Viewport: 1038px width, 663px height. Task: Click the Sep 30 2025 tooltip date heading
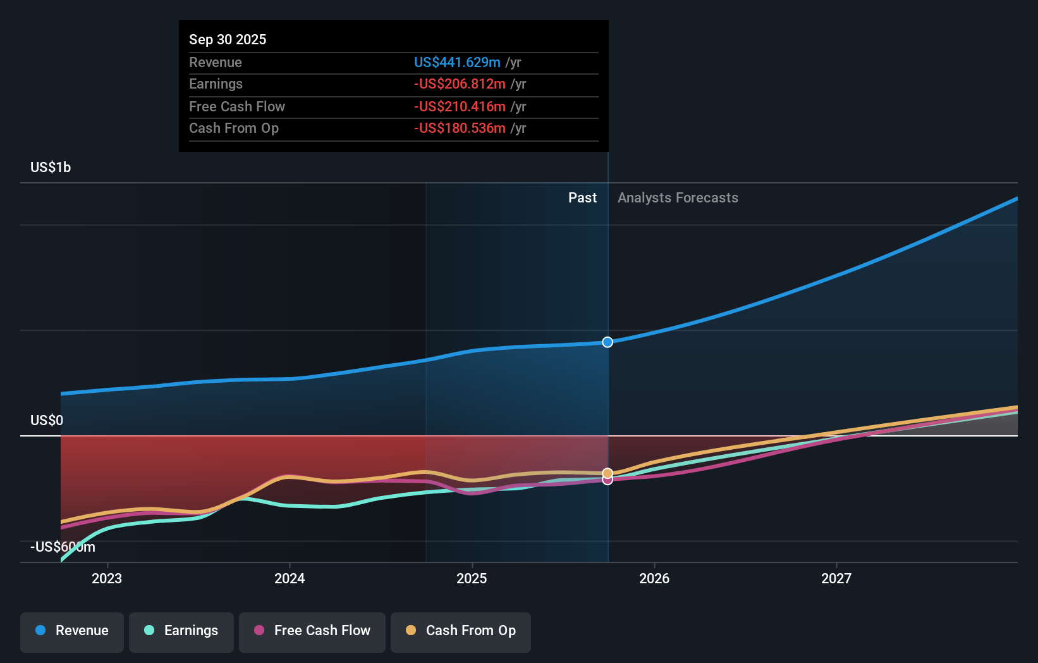tap(228, 39)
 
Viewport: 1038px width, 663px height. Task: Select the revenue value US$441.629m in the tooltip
tap(457, 62)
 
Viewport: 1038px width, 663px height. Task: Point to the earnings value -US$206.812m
tap(460, 84)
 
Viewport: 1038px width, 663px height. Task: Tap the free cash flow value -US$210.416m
tap(460, 106)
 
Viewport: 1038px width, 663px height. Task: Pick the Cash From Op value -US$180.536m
tap(460, 128)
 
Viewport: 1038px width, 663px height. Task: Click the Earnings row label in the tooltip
tap(216, 84)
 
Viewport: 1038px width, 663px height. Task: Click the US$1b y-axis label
tap(51, 167)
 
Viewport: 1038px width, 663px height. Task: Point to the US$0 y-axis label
tap(47, 420)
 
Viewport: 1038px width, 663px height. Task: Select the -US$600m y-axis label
tap(63, 547)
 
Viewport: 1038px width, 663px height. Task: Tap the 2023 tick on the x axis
tap(107, 578)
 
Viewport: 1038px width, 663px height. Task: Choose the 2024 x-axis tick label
tap(290, 578)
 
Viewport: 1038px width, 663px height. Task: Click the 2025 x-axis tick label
tap(472, 578)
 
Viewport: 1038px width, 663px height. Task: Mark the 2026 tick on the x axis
tap(654, 578)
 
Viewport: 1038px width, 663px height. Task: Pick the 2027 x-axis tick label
tap(836, 578)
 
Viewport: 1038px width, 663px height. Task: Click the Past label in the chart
tap(582, 197)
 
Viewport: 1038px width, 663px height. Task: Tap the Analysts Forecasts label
tap(678, 197)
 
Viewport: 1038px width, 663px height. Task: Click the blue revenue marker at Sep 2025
tap(608, 342)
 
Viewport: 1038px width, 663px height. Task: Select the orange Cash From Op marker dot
tap(608, 473)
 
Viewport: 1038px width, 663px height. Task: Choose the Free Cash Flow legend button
tap(312, 631)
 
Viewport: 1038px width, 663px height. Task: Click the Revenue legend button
tap(72, 631)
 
